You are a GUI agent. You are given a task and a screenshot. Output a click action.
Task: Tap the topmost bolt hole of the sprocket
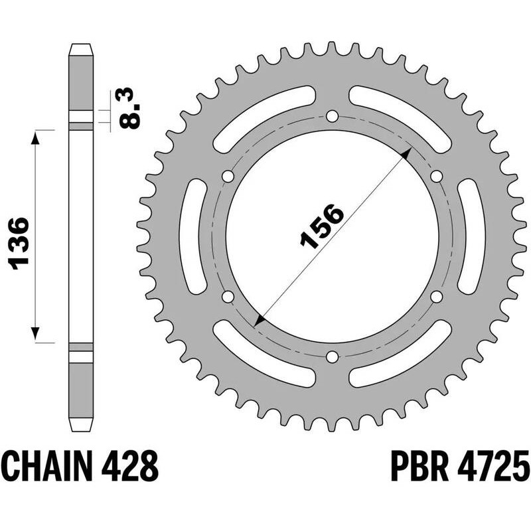331,117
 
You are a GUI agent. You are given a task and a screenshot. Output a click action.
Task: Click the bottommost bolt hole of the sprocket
331,357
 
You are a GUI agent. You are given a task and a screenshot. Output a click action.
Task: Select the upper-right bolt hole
436,177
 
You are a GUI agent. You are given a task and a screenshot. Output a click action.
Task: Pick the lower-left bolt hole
227,297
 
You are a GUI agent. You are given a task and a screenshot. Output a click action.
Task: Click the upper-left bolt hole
227,177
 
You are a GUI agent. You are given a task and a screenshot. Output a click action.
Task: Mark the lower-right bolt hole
436,297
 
